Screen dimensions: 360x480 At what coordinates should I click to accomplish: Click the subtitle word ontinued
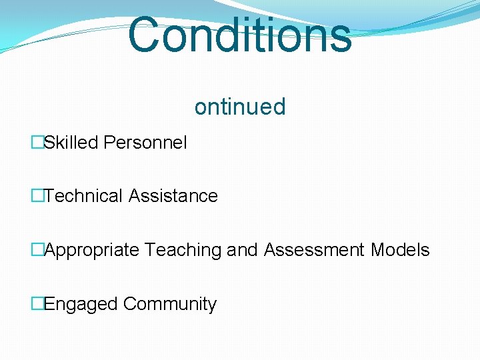pyautogui.click(x=240, y=107)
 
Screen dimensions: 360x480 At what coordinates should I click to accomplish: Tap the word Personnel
pyautogui.click(x=145, y=142)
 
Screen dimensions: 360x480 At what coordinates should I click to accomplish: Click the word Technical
pyautogui.click(x=85, y=196)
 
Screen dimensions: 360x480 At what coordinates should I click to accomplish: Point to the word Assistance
pyautogui.click(x=173, y=196)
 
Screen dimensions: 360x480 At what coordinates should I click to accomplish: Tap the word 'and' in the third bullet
pyautogui.click(x=242, y=250)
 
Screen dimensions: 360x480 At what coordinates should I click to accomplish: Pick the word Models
pyautogui.click(x=400, y=250)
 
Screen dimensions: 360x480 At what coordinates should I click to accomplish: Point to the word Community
pyautogui.click(x=170, y=304)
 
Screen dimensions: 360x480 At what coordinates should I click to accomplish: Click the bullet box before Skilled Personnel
pyautogui.click(x=37, y=142)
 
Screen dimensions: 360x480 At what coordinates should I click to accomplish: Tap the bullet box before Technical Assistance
pyautogui.click(x=37, y=196)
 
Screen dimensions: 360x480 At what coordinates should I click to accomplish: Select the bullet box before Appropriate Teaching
pyautogui.click(x=37, y=250)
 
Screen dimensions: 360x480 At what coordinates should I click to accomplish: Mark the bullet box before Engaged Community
pyautogui.click(x=37, y=304)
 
